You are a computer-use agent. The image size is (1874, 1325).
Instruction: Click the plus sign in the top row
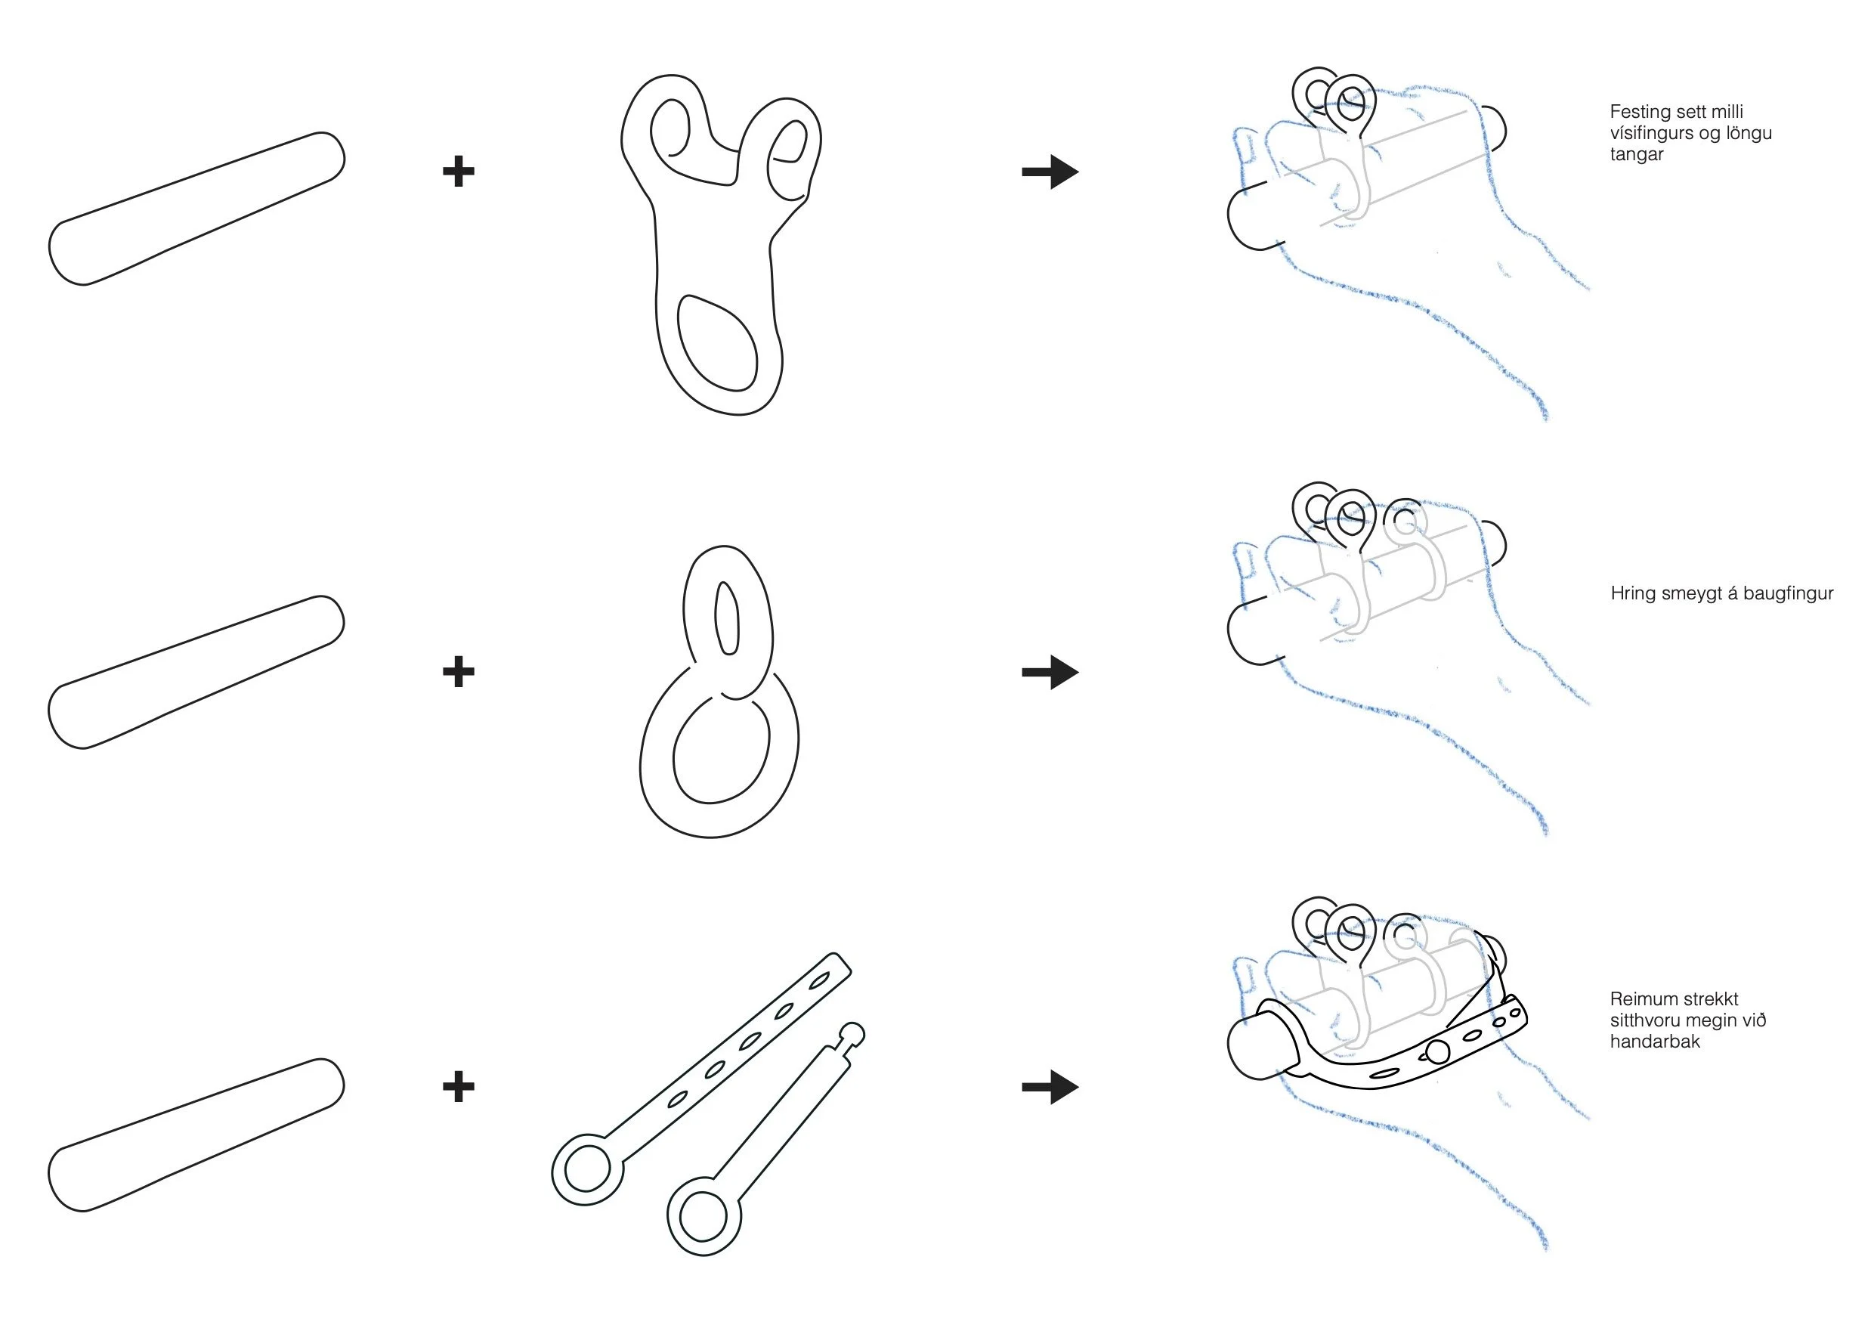(458, 172)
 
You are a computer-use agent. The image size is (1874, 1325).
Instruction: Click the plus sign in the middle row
(458, 672)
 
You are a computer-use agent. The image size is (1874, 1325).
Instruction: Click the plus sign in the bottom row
(458, 1087)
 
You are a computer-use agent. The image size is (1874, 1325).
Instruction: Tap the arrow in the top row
(1050, 172)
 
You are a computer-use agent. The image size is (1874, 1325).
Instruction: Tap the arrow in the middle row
(1050, 672)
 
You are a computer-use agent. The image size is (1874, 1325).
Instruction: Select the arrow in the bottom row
(1050, 1087)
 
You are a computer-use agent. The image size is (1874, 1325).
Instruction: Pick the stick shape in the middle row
(196, 672)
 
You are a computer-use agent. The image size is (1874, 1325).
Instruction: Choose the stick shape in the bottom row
(196, 1135)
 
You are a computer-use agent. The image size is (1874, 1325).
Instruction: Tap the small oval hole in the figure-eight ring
(726, 618)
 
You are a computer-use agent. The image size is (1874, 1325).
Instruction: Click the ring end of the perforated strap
(587, 1170)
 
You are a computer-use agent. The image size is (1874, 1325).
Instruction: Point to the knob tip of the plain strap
(852, 1033)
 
